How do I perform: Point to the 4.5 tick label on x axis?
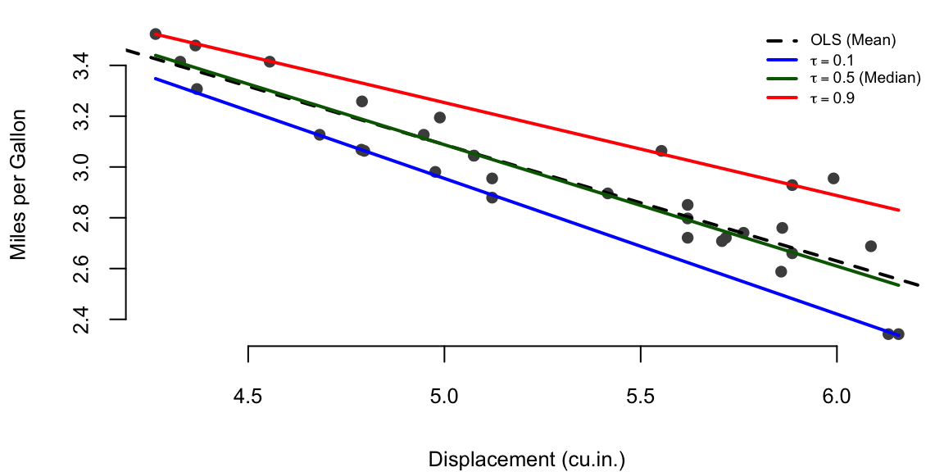247,397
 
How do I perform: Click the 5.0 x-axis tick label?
444,397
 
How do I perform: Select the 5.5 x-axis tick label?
640,397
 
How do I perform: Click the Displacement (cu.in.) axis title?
526,459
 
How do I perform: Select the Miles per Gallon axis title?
20,185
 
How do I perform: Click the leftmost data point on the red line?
156,34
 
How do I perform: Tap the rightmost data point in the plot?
898,334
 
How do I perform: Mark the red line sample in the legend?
782,98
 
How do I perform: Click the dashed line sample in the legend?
782,39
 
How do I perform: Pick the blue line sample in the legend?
782,59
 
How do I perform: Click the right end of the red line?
899,210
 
